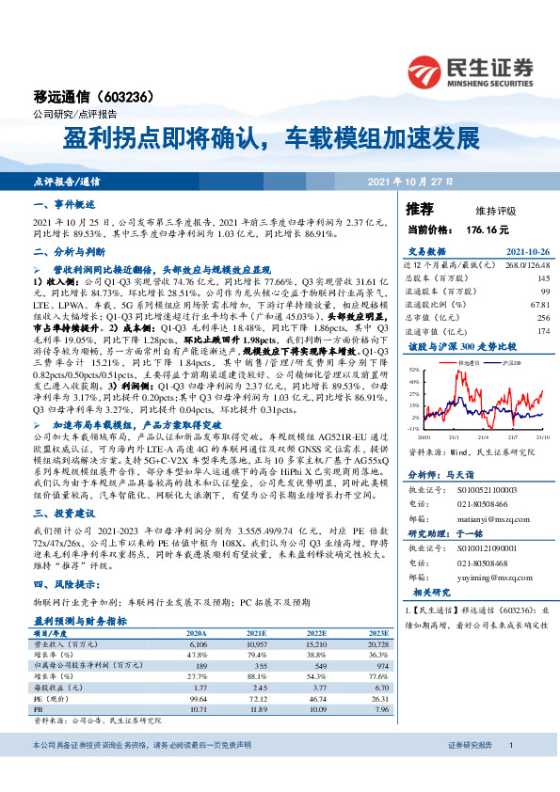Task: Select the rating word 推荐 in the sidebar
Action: pyautogui.click(x=420, y=208)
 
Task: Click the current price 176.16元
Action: pyautogui.click(x=485, y=230)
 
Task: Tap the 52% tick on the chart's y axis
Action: pyautogui.click(x=414, y=371)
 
